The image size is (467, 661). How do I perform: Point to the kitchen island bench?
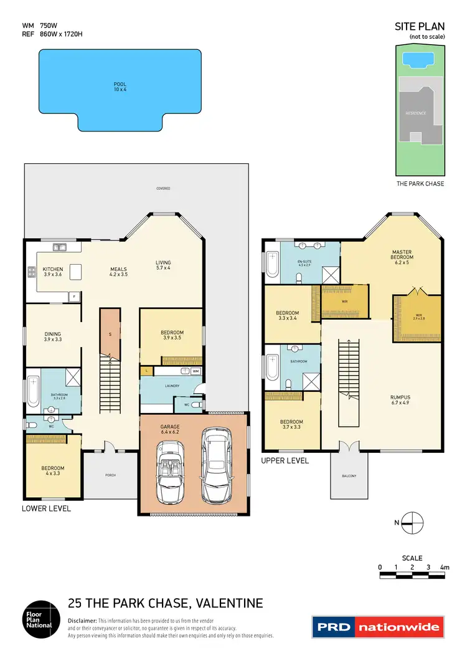pyautogui.click(x=75, y=272)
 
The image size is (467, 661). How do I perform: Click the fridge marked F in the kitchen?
pyautogui.click(x=74, y=296)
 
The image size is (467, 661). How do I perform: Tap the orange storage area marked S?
pyautogui.click(x=110, y=334)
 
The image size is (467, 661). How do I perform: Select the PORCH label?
pyautogui.click(x=110, y=475)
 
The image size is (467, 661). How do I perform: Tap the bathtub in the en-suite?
pyautogui.click(x=272, y=264)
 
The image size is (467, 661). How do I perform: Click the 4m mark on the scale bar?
pyautogui.click(x=445, y=567)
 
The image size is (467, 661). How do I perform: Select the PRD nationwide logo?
pyautogui.click(x=378, y=627)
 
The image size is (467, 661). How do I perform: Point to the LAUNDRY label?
pyautogui.click(x=172, y=386)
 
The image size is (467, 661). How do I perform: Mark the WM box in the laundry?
pyautogui.click(x=195, y=371)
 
